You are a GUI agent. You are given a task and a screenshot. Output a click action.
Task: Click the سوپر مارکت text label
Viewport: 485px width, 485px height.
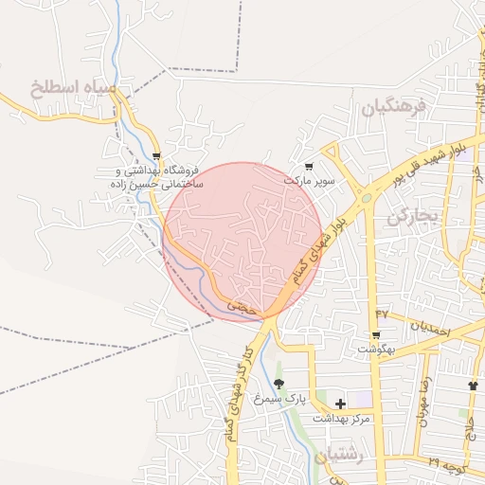[311, 179]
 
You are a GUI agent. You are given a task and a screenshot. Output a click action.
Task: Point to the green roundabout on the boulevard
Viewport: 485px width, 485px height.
[365, 199]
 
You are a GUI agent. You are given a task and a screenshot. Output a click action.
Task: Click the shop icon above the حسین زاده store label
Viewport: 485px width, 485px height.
[157, 156]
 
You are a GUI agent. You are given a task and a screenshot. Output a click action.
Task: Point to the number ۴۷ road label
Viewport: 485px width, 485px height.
[382, 314]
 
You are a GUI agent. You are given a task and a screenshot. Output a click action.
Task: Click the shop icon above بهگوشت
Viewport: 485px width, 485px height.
[376, 335]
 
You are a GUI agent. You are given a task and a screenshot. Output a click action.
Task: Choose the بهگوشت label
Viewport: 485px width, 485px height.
[376, 350]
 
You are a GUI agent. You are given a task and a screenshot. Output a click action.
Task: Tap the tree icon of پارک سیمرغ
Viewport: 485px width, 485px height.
[279, 385]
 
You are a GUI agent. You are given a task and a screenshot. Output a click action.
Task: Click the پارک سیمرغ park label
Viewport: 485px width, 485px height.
[309, 400]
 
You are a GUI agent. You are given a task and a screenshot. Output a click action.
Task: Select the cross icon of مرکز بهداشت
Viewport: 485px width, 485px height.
[340, 404]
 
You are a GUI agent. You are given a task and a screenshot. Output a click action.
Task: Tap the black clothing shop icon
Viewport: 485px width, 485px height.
[473, 386]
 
